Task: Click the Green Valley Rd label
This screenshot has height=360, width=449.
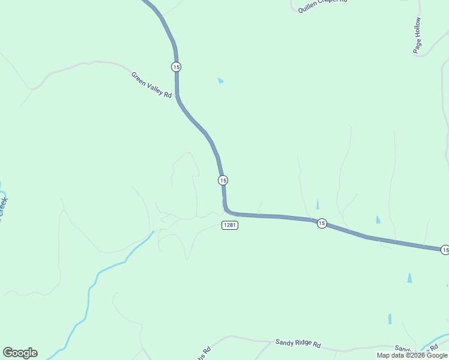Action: coord(152,85)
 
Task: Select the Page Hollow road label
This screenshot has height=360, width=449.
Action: coord(418,36)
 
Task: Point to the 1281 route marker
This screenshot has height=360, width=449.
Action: coord(229,225)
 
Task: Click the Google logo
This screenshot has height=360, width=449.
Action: coord(20,353)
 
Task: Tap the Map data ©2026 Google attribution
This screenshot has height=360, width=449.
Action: coord(412,355)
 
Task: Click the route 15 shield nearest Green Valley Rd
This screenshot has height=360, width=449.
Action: coord(175,67)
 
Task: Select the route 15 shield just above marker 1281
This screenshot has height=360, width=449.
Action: coord(223,180)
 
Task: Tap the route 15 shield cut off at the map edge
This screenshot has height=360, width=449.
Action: coord(444,250)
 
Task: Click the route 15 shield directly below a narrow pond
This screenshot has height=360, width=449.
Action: coord(322,223)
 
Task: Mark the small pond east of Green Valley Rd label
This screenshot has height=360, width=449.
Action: coord(220,80)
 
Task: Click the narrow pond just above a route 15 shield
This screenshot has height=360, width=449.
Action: coord(318,205)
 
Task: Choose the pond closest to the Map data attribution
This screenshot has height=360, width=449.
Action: coord(390,319)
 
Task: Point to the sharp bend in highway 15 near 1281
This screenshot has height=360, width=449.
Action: coord(226,210)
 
